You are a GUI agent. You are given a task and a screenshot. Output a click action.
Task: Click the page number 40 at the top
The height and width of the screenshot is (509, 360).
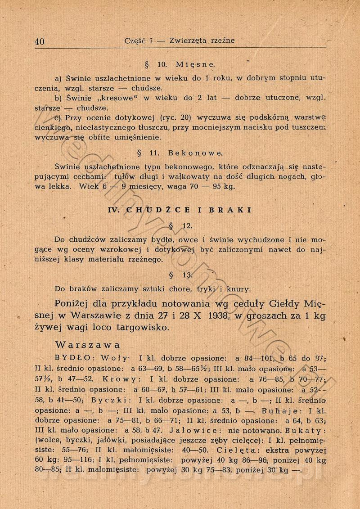point(40,41)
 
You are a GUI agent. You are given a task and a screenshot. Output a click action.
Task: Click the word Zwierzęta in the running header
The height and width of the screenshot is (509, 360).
point(188,41)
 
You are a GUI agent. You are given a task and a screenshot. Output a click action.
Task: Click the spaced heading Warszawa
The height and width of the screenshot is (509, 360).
point(87,345)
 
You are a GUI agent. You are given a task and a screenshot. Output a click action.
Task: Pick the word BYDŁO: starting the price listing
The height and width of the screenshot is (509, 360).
point(74,359)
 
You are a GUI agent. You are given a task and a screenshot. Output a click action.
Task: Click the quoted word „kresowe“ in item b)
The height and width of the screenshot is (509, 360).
point(105,98)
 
